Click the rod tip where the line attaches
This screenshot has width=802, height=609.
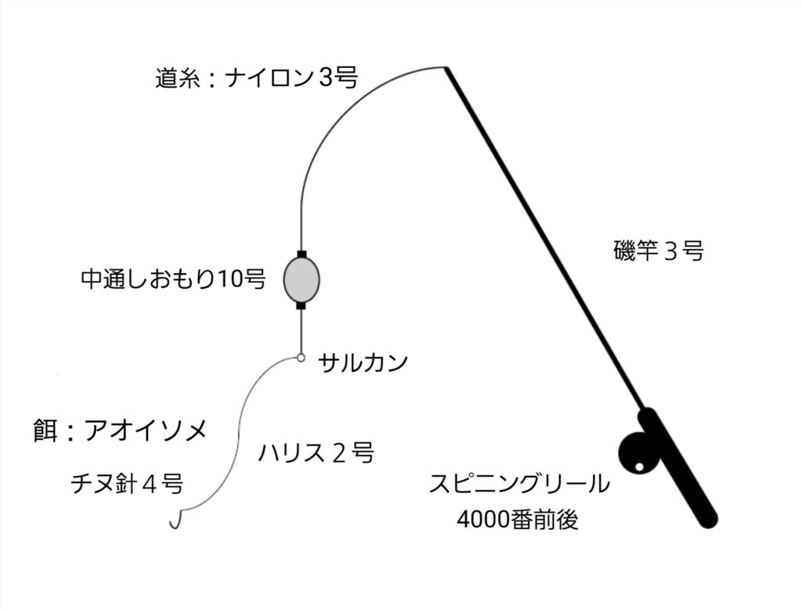pyautogui.click(x=446, y=67)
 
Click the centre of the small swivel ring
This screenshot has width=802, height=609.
pyautogui.click(x=302, y=358)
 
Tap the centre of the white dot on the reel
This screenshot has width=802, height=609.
pyautogui.click(x=639, y=467)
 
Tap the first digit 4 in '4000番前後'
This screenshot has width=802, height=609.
pyautogui.click(x=463, y=520)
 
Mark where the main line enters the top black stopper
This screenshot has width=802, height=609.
pyautogui.click(x=302, y=251)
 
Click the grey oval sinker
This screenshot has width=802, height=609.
pyautogui.click(x=302, y=279)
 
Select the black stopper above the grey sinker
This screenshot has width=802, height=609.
pyautogui.click(x=302, y=254)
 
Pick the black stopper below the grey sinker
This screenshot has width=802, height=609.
pyautogui.click(x=302, y=306)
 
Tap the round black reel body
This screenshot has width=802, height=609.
pyautogui.click(x=638, y=453)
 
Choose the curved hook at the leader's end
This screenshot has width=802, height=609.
pyautogui.click(x=176, y=518)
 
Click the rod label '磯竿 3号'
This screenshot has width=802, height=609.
pyautogui.click(x=659, y=250)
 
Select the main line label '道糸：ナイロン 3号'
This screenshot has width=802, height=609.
pyautogui.click(x=257, y=78)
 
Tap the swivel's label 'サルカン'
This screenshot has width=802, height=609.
pyautogui.click(x=363, y=362)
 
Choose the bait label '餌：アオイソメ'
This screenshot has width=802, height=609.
pyautogui.click(x=120, y=430)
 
